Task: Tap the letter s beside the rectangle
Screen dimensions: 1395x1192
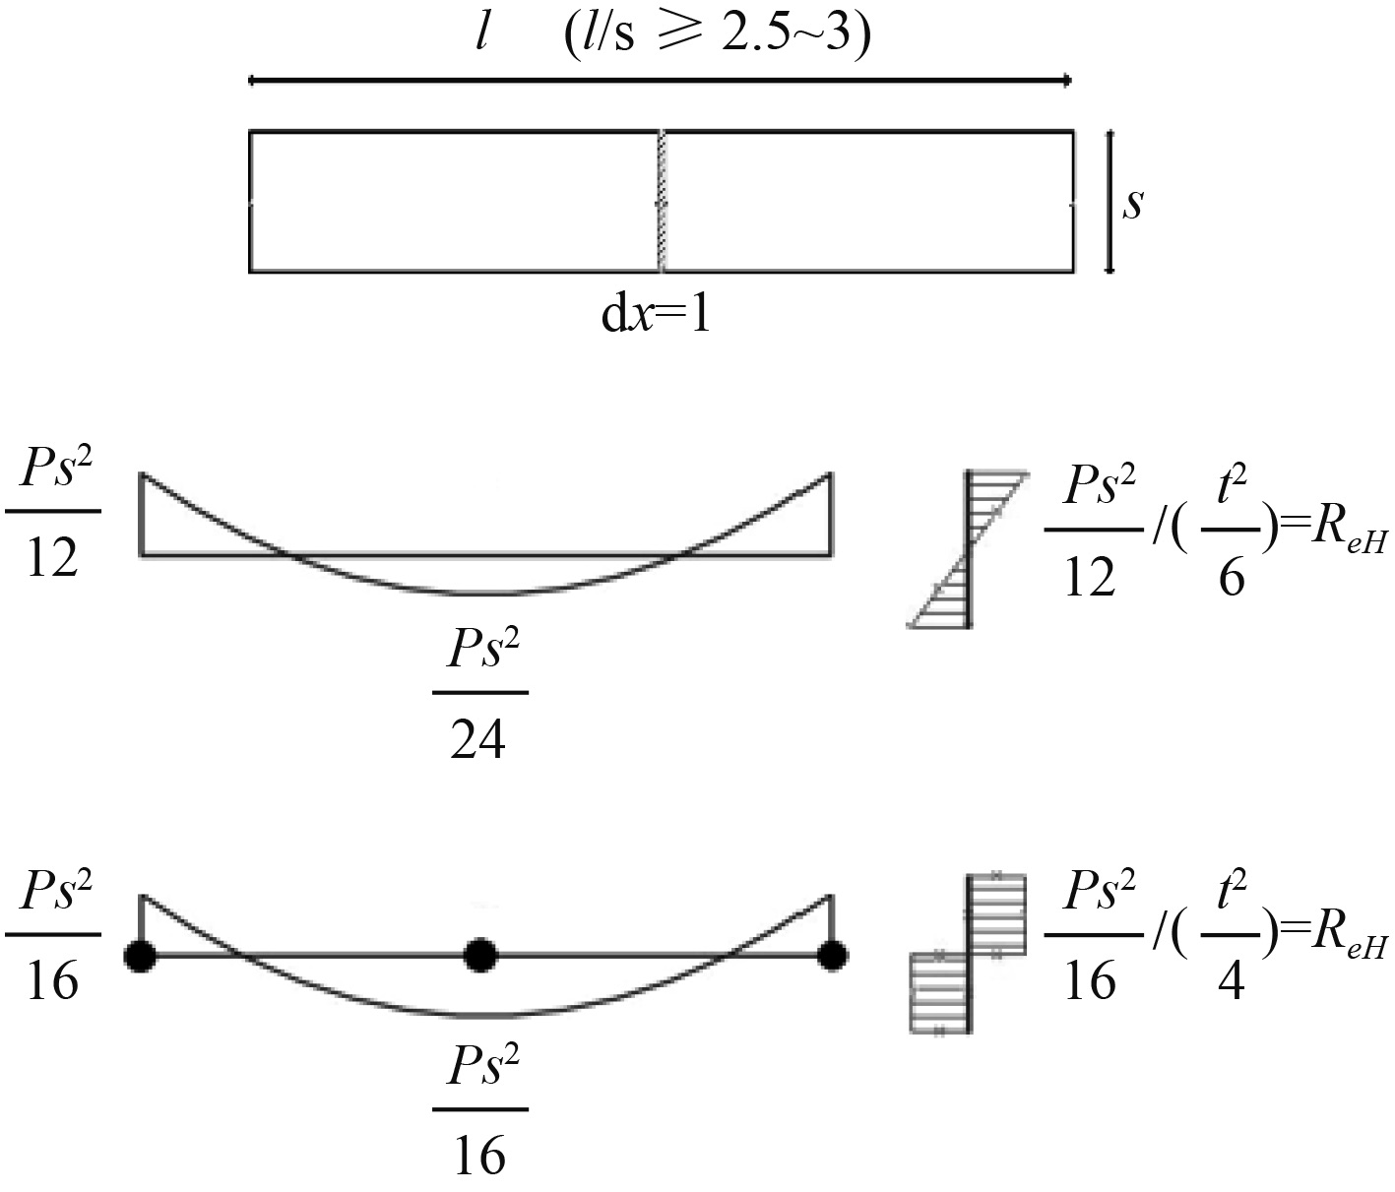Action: [1133, 203]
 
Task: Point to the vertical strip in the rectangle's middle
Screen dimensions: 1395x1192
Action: [661, 201]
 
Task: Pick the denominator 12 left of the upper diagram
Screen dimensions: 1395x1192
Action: [52, 558]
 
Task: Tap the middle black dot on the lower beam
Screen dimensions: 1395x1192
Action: [479, 955]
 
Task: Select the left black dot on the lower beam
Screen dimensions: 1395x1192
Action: [142, 956]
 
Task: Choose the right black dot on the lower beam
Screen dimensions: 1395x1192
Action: [833, 955]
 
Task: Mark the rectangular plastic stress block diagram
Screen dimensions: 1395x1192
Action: [969, 952]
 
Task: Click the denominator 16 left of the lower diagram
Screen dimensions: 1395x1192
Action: [52, 980]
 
